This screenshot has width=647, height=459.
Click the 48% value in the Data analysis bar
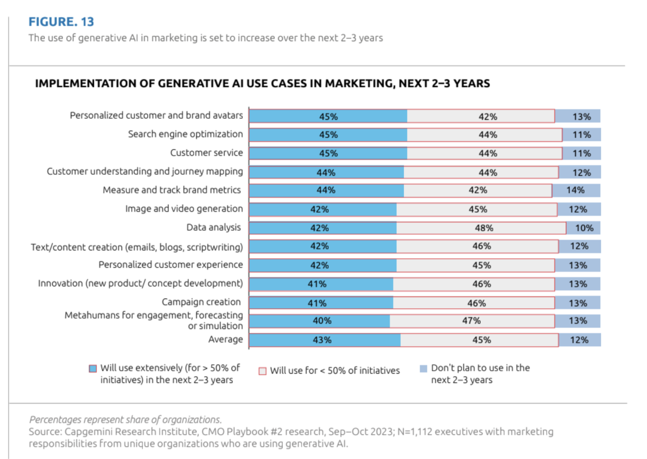pyautogui.click(x=484, y=228)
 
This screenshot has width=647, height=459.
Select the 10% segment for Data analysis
pyautogui.click(x=584, y=228)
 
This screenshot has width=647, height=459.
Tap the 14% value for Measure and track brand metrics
pyautogui.click(x=575, y=190)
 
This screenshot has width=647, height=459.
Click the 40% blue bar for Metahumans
pyautogui.click(x=320, y=321)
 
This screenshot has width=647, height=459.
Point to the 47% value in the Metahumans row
pyautogui.click(x=471, y=321)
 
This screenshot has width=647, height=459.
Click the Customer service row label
pyautogui.click(x=206, y=153)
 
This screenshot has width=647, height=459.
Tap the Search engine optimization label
pyautogui.click(x=185, y=134)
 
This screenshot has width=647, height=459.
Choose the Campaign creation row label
pyautogui.click(x=201, y=302)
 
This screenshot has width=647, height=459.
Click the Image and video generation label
pyautogui.click(x=184, y=209)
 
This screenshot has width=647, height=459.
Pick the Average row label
pyautogui.click(x=225, y=339)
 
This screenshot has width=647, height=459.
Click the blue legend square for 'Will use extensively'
pyautogui.click(x=93, y=369)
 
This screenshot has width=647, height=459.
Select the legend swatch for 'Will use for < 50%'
pyautogui.click(x=263, y=371)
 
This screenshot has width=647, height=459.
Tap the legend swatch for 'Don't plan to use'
pyautogui.click(x=423, y=369)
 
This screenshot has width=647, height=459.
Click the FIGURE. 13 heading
pyautogui.click(x=61, y=22)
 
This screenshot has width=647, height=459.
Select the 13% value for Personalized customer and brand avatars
pyautogui.click(x=581, y=117)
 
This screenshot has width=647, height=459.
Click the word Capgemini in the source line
pyautogui.click(x=88, y=431)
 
